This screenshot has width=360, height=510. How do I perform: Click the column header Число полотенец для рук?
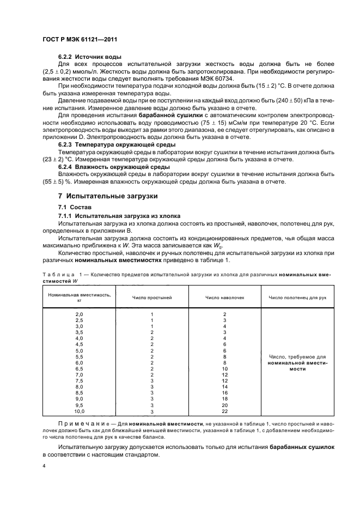pos(297,297)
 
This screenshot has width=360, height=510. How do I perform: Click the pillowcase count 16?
pos(224,392)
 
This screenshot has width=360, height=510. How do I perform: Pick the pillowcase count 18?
pos(224,398)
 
